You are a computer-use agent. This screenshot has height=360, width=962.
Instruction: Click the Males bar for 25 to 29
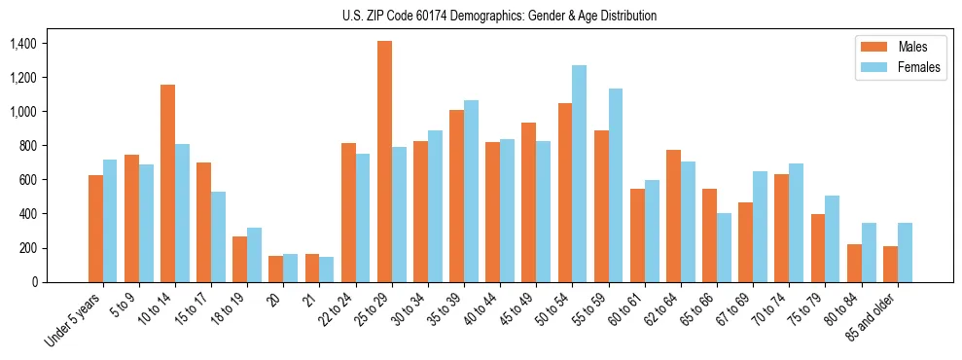coord(384,162)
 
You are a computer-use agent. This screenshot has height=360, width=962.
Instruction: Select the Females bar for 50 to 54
coord(579,173)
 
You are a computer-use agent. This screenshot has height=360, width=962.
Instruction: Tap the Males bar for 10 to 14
coord(168,183)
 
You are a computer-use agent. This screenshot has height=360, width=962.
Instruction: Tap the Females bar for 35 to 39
coord(471,191)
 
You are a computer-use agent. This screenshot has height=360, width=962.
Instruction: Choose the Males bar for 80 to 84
coord(853,263)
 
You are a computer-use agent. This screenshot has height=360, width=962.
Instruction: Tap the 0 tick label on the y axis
coord(33,282)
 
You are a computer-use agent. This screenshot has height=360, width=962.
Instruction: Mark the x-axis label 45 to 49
coord(517,310)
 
